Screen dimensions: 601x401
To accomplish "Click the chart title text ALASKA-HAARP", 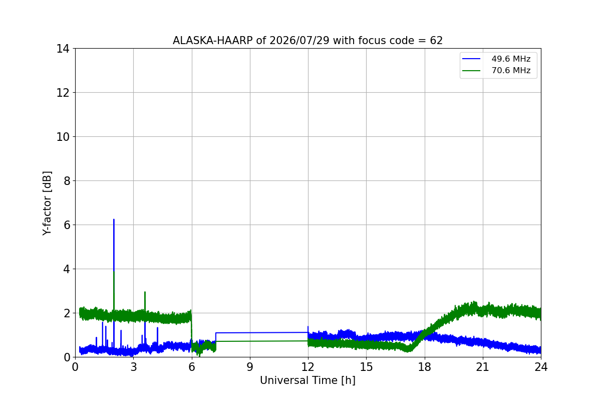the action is tap(212, 41).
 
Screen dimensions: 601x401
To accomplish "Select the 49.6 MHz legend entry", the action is tap(496, 59).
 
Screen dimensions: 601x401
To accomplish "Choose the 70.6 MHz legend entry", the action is tap(496, 70).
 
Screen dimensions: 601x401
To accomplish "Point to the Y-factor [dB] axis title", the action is tap(47, 203).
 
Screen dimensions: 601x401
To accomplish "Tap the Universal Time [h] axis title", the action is tap(308, 380).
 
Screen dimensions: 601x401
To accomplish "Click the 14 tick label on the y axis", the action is tap(63, 49).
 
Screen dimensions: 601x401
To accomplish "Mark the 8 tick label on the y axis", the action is tap(67, 181).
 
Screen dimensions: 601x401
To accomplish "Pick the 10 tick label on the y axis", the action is tap(63, 137).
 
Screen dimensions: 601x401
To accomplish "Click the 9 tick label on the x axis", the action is tap(250, 367).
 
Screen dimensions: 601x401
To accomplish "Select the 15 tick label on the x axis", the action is tap(366, 367).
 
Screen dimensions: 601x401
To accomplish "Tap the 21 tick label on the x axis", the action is tap(483, 367).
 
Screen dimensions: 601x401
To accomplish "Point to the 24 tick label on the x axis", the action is tap(541, 367).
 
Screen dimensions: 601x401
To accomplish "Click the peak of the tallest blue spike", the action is tap(114, 220).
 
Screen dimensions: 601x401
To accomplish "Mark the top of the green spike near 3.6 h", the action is tap(145, 292).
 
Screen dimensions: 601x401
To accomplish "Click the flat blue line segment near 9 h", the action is tap(261, 332).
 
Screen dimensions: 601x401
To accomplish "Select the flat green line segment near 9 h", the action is tap(261, 341).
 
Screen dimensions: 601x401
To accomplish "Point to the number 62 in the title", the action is tap(436, 41).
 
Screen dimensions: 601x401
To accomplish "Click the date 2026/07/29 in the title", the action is tap(299, 41).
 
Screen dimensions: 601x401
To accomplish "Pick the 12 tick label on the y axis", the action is tap(63, 93).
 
